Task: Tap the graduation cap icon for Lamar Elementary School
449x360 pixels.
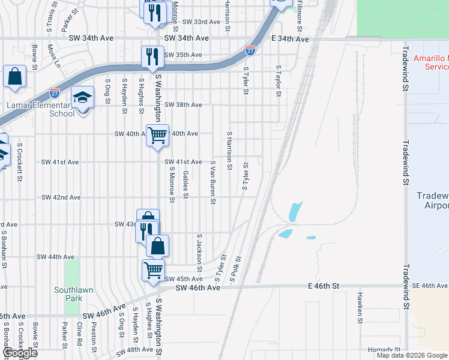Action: pyautogui.click(x=82, y=97)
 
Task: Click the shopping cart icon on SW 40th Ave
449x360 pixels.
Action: pyautogui.click(x=157, y=135)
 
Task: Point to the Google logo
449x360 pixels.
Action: pyautogui.click(x=20, y=353)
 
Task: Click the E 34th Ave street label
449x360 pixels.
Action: pyautogui.click(x=290, y=39)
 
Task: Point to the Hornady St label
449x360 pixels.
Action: pyautogui.click(x=384, y=350)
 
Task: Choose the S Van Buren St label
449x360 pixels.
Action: pyautogui.click(x=212, y=182)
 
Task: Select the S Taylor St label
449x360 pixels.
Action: pyautogui.click(x=279, y=81)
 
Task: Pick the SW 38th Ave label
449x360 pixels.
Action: pyautogui.click(x=183, y=104)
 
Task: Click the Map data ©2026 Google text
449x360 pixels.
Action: pyautogui.click(x=412, y=355)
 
